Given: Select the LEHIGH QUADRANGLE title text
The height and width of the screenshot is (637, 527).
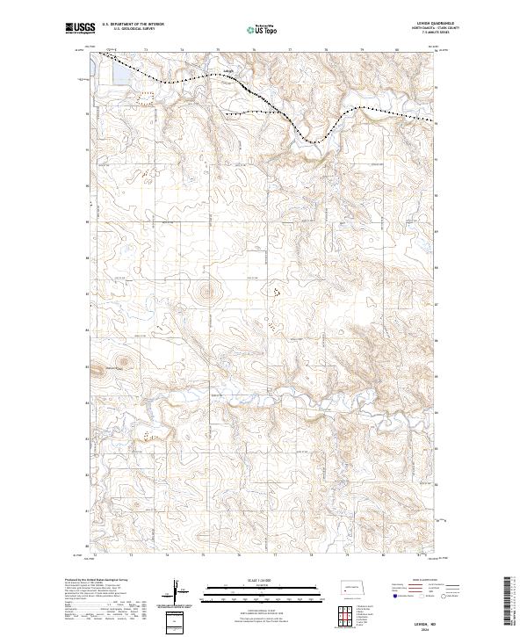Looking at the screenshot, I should click(418, 25).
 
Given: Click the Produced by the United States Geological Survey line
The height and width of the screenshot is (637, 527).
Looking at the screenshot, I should click(101, 580).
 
